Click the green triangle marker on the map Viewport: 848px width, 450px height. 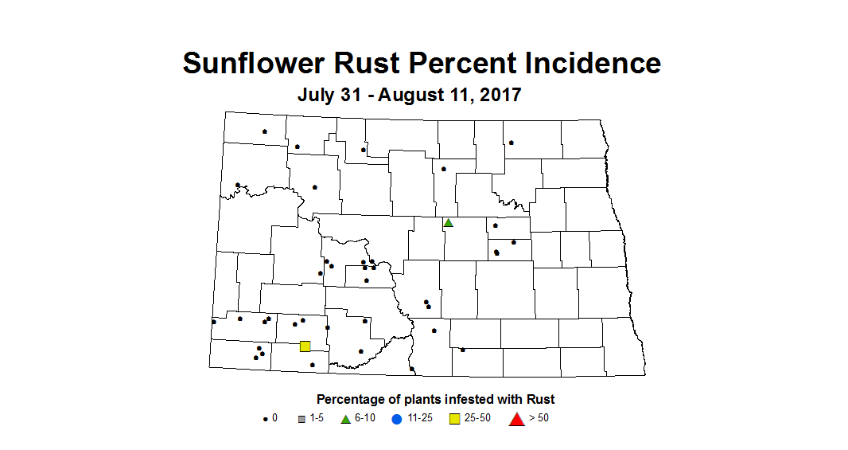(x=449, y=223)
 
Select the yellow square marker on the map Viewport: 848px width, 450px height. (x=305, y=346)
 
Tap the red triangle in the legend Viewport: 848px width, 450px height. (x=516, y=419)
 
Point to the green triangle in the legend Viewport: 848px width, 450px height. (x=345, y=419)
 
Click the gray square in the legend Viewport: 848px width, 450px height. (x=301, y=419)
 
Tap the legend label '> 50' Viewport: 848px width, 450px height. (x=539, y=419)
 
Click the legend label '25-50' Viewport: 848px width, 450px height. (x=478, y=419)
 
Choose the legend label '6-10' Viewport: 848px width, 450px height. (x=364, y=419)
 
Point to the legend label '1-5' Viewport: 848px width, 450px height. (x=317, y=419)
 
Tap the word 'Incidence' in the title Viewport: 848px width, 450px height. (x=584, y=63)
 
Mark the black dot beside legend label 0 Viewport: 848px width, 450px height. (x=265, y=419)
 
